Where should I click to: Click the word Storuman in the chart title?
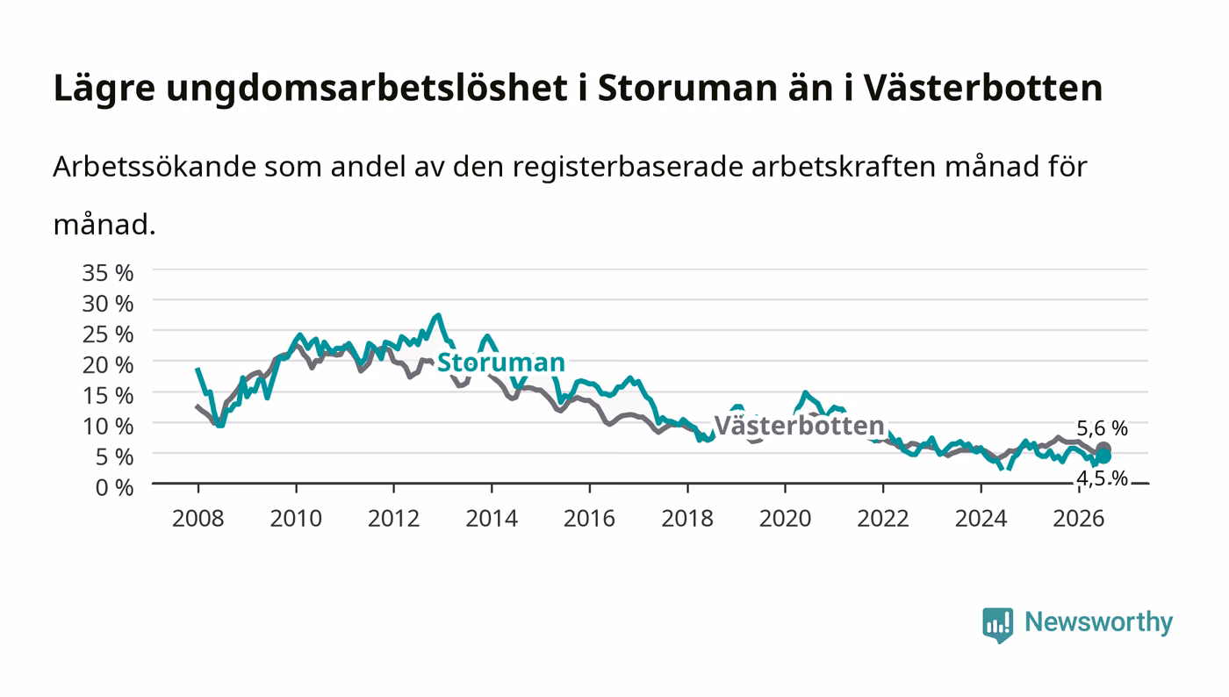(x=687, y=88)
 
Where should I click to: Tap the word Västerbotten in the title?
(x=983, y=88)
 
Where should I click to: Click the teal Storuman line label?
(x=501, y=363)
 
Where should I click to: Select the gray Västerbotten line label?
(x=800, y=426)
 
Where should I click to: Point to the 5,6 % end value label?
(x=1102, y=428)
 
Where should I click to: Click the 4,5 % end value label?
(x=1102, y=478)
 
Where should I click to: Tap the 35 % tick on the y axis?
(x=107, y=273)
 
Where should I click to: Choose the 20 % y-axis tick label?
(x=107, y=365)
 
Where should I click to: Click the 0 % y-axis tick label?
(x=114, y=487)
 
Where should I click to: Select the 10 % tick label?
(x=107, y=427)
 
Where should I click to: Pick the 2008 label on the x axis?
(x=198, y=519)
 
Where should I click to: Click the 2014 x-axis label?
(x=492, y=519)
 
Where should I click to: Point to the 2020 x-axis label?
(x=785, y=519)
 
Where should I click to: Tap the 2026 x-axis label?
(x=1079, y=519)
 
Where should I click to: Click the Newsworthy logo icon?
(x=997, y=624)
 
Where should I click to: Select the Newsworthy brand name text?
(x=1099, y=622)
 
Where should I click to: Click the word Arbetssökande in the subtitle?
(x=155, y=166)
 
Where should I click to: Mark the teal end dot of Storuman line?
(x=1103, y=456)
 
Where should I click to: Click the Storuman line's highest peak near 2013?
(x=437, y=315)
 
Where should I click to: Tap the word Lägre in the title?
(x=104, y=89)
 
